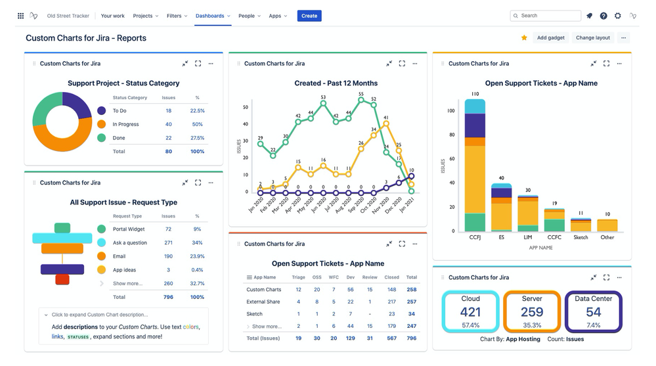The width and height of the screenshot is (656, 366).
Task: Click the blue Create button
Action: (x=309, y=16)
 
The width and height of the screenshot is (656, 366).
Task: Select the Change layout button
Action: (x=592, y=38)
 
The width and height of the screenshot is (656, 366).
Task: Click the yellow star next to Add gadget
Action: (x=524, y=38)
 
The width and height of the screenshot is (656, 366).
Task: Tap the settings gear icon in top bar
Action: (x=617, y=16)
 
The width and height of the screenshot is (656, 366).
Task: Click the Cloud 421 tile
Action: (x=470, y=311)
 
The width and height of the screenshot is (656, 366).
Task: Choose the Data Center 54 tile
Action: (x=593, y=311)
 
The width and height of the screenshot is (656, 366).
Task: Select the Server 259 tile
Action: (x=531, y=311)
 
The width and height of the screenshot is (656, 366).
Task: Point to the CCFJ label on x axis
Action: (x=475, y=237)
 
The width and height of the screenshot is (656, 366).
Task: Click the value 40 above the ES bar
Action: (x=501, y=178)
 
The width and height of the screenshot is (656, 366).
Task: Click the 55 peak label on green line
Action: (x=361, y=94)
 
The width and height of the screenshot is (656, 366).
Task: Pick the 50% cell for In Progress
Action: (x=197, y=124)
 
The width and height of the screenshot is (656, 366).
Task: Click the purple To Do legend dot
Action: (x=101, y=111)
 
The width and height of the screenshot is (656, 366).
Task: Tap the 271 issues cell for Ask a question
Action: (x=169, y=242)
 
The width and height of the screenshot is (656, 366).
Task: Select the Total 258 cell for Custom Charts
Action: (x=412, y=290)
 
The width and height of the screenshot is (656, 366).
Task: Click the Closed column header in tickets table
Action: (x=391, y=277)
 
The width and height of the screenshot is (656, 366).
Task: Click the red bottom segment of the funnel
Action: (x=62, y=280)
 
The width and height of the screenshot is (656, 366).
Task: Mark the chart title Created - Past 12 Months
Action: (x=327, y=83)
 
